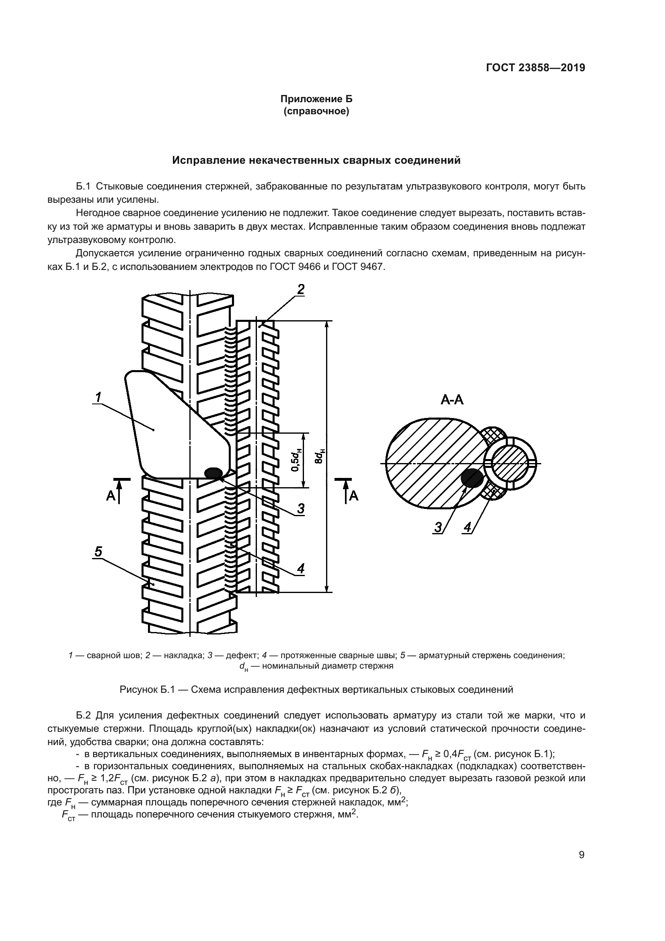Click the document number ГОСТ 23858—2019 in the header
[536, 68]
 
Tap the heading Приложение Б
[316, 99]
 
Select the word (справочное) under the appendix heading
[316, 111]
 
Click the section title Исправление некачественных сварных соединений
[316, 160]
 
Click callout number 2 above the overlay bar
[301, 290]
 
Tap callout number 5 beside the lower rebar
[98, 552]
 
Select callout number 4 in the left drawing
[301, 568]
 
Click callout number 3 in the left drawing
[301, 509]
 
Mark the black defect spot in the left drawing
[213, 473]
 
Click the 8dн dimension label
[322, 456]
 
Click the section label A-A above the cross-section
[452, 399]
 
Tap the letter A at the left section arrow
[111, 496]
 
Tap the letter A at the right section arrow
[354, 496]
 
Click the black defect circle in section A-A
[472, 478]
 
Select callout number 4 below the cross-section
[468, 527]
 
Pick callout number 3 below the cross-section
[439, 527]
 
